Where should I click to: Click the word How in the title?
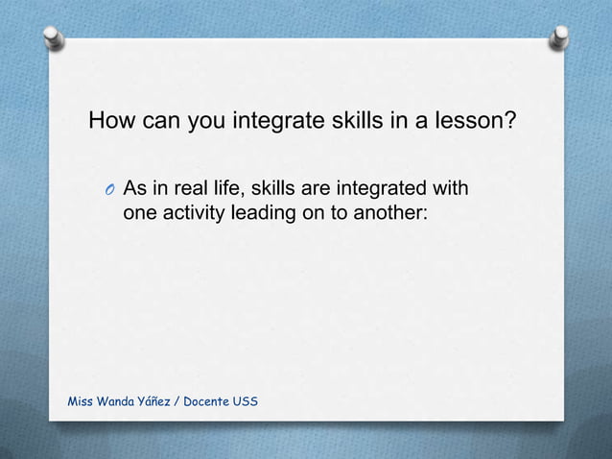112,122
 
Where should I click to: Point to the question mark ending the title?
510,122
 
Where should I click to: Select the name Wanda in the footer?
120,400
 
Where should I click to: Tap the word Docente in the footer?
212,400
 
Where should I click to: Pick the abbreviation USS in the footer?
246,400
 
